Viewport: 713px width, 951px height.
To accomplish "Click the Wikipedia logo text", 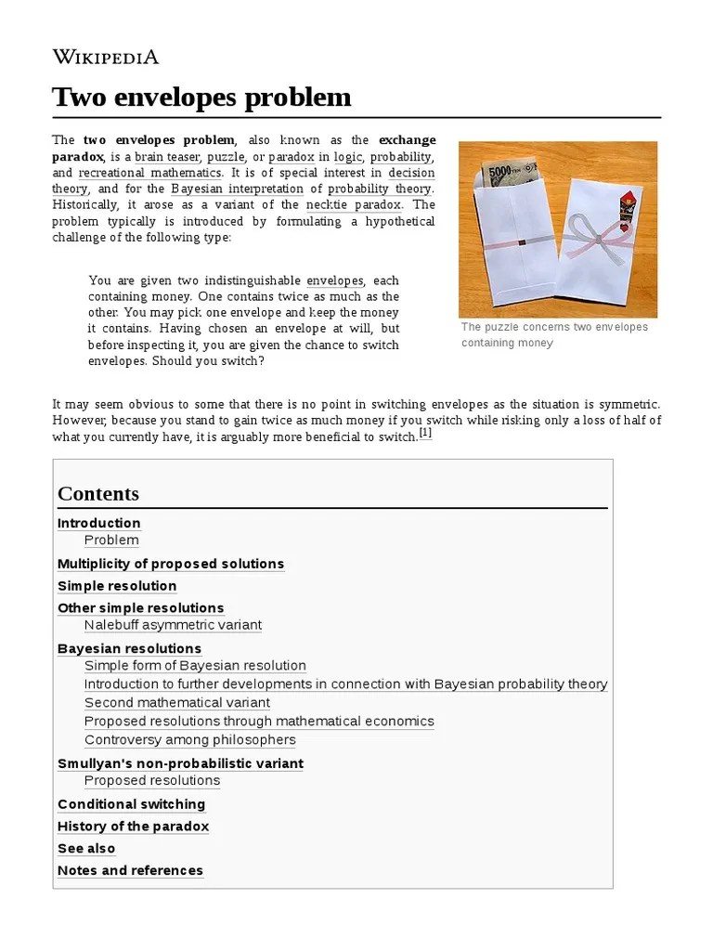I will click(105, 57).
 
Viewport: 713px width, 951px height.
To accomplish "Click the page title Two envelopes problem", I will click(201, 97).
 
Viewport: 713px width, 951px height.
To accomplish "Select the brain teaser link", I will click(166, 157).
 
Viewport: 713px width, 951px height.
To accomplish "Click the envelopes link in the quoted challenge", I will click(334, 280).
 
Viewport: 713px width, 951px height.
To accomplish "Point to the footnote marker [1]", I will click(425, 433).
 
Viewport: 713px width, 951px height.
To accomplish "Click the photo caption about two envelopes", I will click(554, 335).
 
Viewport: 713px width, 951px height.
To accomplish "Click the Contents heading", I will click(98, 494).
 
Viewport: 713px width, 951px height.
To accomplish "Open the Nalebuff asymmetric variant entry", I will click(173, 625).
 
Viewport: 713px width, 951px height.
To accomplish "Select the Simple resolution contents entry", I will click(117, 586).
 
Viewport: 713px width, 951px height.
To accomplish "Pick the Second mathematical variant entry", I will click(177, 703).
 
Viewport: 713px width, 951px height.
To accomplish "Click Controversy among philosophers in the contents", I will click(190, 740).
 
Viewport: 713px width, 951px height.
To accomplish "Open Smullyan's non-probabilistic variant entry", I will click(180, 763).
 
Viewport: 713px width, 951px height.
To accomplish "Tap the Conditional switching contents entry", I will click(131, 804).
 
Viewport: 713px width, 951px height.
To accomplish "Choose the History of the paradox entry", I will click(133, 827).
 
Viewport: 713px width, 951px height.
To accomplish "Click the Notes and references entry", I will click(130, 871).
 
